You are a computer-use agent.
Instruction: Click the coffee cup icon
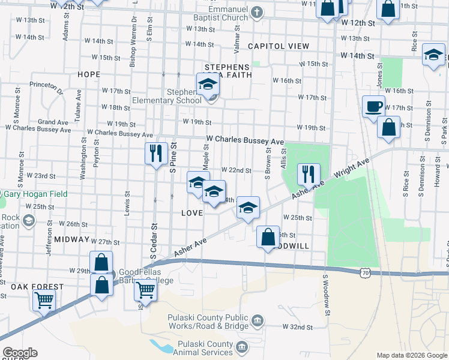click(373, 106)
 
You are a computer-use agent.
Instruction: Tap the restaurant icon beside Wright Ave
click(309, 174)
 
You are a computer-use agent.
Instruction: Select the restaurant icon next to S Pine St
click(156, 153)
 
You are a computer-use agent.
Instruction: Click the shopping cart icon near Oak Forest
click(44, 299)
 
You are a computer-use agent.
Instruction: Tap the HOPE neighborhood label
click(88, 74)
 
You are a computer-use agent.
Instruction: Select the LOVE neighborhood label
click(191, 214)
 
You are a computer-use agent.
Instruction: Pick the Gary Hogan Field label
click(36, 194)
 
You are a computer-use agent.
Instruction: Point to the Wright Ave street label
click(352, 170)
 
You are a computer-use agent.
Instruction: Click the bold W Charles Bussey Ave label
click(244, 140)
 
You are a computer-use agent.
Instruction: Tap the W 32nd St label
click(298, 327)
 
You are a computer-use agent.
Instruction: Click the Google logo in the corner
click(19, 353)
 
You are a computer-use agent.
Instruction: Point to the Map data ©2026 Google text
click(411, 355)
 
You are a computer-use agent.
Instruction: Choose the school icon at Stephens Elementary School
click(208, 86)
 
